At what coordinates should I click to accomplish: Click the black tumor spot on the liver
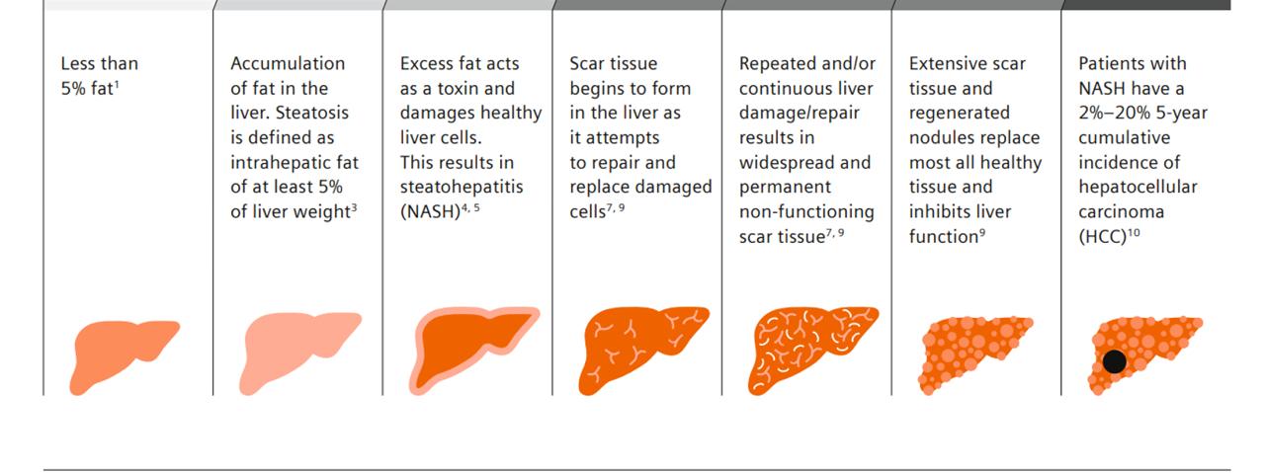point(1114,361)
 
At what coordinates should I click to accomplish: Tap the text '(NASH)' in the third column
point(430,211)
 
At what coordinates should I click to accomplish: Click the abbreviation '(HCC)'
point(1102,237)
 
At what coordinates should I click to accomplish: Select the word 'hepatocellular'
point(1138,187)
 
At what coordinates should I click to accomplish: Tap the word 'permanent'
point(785,188)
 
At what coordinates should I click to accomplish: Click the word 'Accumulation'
point(288,63)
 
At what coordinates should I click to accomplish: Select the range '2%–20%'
point(1114,113)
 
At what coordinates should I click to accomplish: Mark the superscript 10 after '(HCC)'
point(1134,232)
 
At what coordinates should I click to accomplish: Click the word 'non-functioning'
point(806,211)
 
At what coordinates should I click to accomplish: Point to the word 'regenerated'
point(959,113)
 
